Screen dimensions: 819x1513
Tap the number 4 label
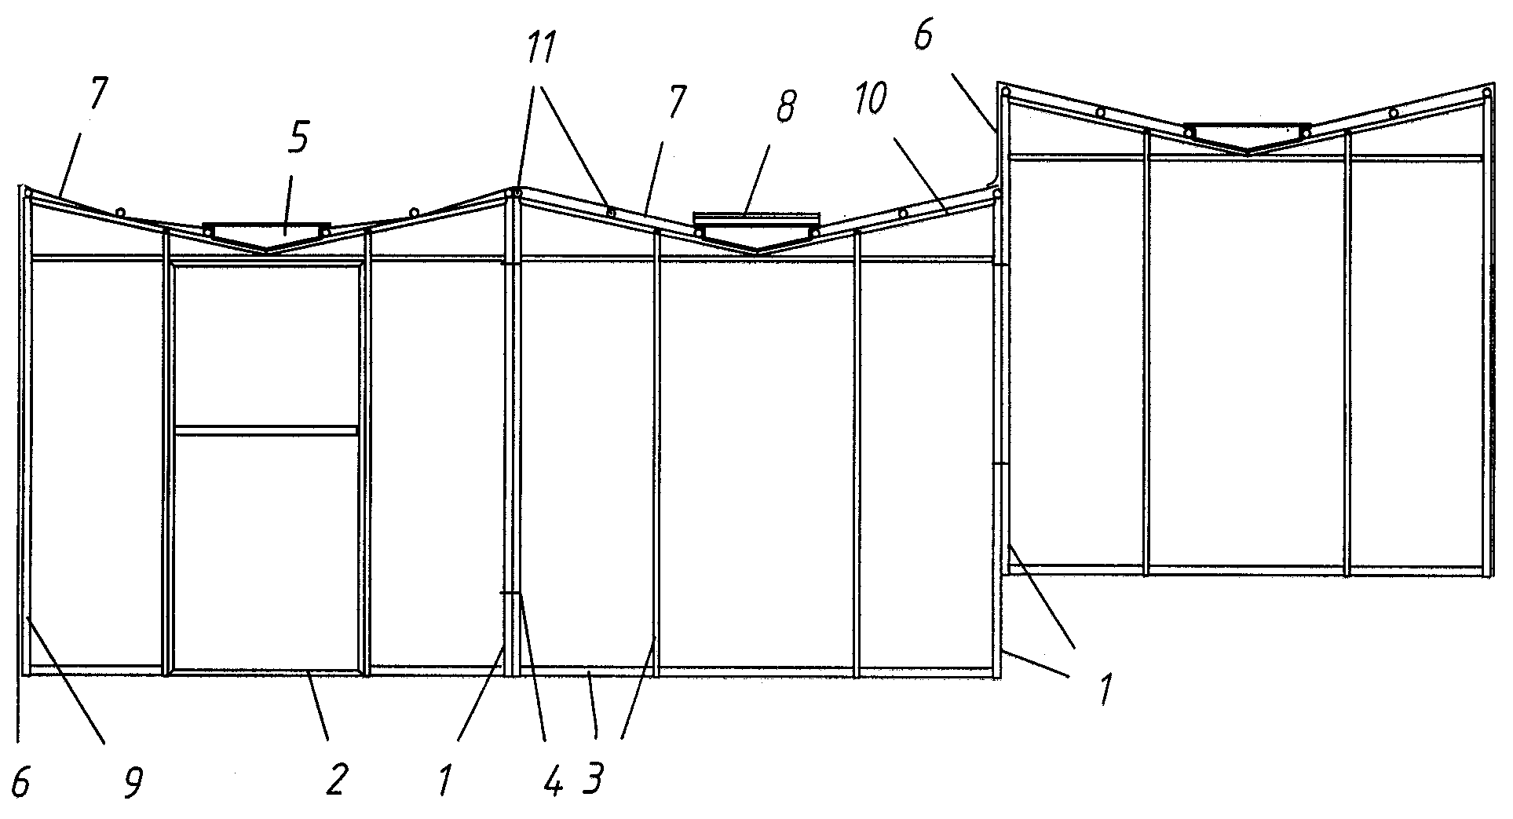(x=554, y=781)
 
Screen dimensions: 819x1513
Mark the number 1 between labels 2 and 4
(x=445, y=781)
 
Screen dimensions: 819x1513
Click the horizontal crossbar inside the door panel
(x=267, y=430)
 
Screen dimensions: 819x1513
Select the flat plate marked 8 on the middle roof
(x=755, y=216)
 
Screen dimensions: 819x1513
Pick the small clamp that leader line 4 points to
(x=510, y=594)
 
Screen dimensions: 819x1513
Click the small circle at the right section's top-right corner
(x=1486, y=93)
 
